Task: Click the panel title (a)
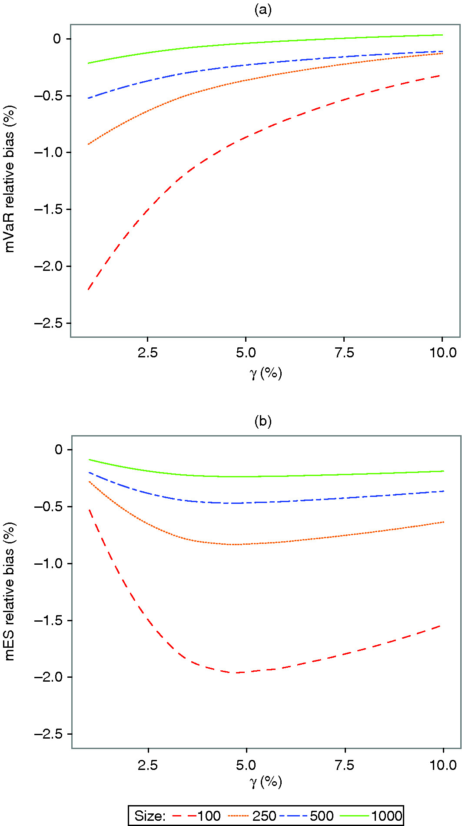click(x=263, y=10)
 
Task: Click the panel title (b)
click(x=263, y=421)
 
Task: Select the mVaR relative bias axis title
click(x=10, y=178)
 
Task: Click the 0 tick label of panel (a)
click(x=57, y=39)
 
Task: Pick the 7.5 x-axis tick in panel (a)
click(x=344, y=353)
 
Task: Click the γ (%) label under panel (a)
click(x=266, y=373)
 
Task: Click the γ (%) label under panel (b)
click(x=266, y=782)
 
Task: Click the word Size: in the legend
click(x=150, y=812)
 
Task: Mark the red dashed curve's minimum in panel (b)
click(x=237, y=673)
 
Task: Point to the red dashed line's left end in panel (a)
click(x=88, y=289)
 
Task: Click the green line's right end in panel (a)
click(x=442, y=35)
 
